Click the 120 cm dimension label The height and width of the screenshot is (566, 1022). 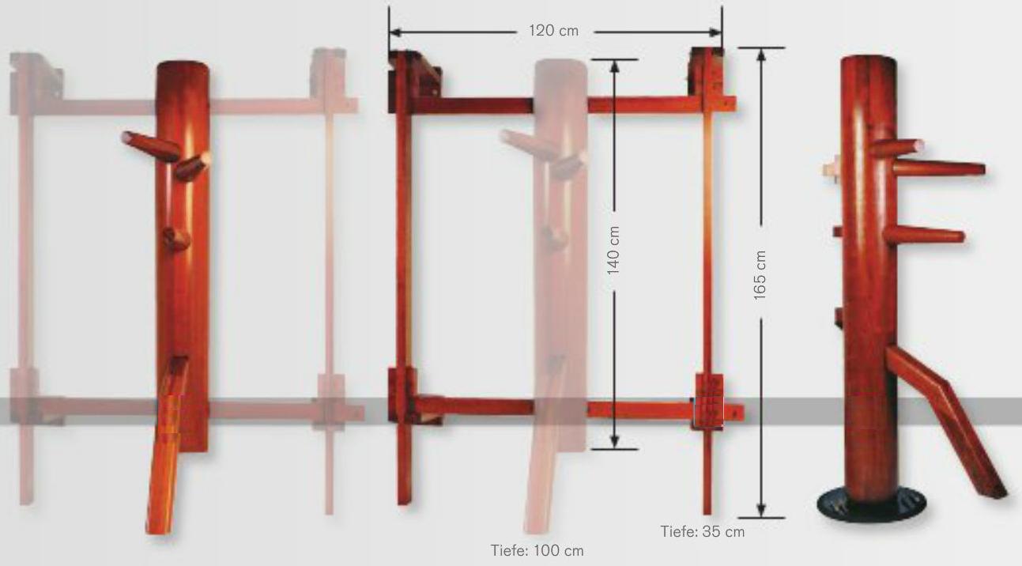pyautogui.click(x=553, y=31)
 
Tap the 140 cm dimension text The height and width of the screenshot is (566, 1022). pyautogui.click(x=613, y=251)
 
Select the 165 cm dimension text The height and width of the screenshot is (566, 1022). pyautogui.click(x=760, y=275)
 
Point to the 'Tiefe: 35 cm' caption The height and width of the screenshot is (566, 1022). pyautogui.click(x=703, y=532)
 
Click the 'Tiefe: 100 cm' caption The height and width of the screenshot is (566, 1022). pyautogui.click(x=537, y=550)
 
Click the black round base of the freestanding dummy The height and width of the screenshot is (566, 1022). pyautogui.click(x=871, y=505)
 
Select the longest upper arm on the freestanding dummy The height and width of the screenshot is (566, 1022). pyautogui.click(x=938, y=168)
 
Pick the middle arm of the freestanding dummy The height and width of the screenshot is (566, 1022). pyautogui.click(x=924, y=235)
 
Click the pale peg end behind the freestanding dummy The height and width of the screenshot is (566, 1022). pyautogui.click(x=832, y=167)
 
